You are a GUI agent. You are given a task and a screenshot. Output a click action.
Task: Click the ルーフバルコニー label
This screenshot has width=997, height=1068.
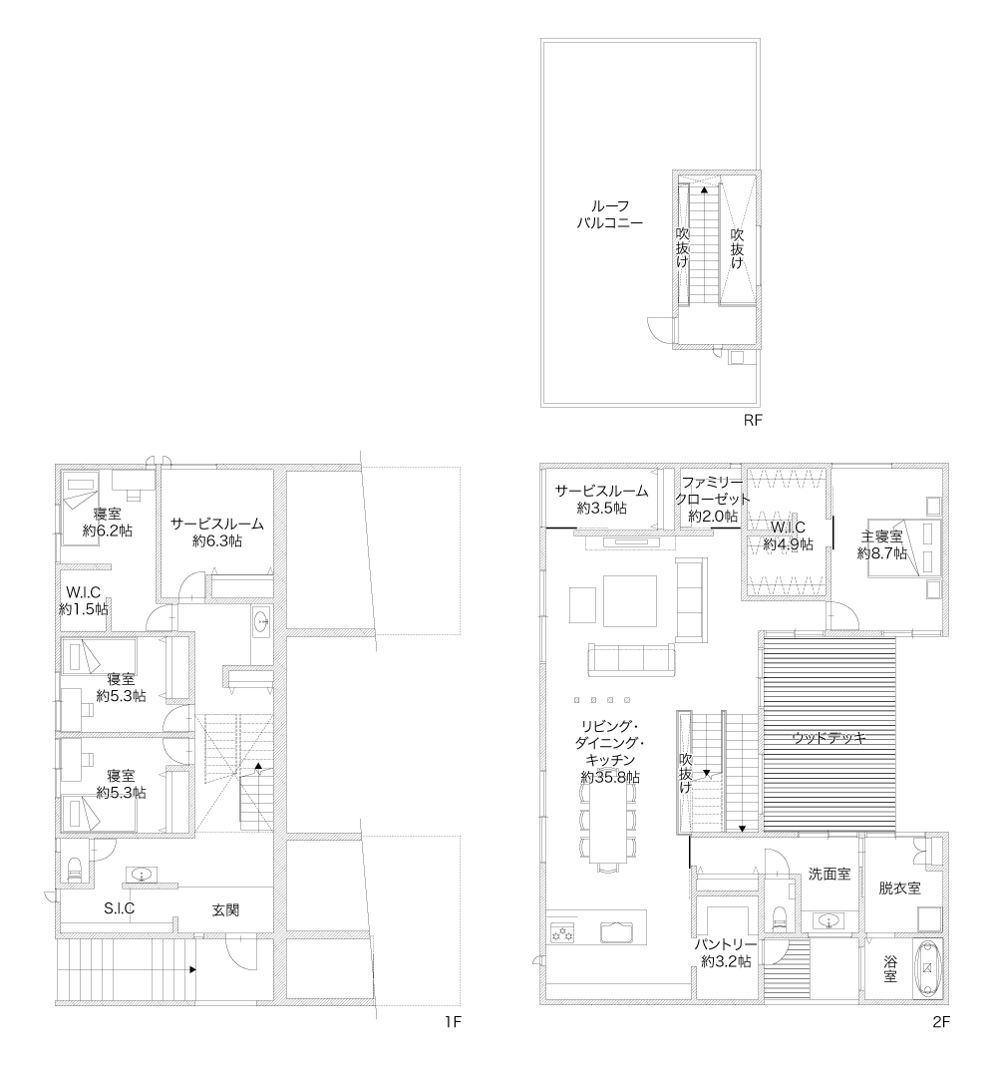click(x=609, y=213)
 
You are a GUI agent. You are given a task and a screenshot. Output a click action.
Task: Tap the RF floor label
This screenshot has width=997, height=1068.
click(x=753, y=420)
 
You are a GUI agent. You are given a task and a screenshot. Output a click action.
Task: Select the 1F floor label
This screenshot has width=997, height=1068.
click(x=453, y=1022)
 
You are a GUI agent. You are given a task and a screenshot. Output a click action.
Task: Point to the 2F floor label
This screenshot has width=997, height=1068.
click(x=940, y=1022)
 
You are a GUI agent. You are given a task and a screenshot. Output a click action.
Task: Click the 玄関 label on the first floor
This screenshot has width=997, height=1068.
click(x=225, y=910)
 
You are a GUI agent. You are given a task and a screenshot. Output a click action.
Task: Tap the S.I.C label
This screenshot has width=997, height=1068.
click(x=120, y=907)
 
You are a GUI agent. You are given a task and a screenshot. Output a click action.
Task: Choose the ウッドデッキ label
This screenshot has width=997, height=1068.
click(x=829, y=737)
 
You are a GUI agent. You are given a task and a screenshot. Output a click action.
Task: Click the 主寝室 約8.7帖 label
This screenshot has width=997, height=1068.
click(x=882, y=544)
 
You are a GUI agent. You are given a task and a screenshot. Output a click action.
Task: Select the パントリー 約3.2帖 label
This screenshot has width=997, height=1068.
click(x=726, y=953)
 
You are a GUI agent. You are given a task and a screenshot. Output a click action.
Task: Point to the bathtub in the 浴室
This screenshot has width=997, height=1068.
click(x=927, y=969)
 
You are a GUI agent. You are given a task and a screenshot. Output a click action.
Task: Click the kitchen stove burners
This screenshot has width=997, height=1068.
click(x=563, y=932)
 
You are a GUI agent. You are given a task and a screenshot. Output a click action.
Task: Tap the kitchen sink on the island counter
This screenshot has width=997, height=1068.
click(x=616, y=931)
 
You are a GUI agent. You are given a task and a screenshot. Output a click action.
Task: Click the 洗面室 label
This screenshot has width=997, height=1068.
click(x=830, y=874)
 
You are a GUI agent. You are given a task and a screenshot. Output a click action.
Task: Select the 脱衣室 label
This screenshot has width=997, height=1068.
click(x=899, y=889)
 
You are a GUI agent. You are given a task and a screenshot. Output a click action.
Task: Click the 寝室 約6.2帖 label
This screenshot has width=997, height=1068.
click(x=108, y=523)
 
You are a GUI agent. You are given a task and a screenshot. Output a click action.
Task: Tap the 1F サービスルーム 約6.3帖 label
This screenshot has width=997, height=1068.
click(x=216, y=532)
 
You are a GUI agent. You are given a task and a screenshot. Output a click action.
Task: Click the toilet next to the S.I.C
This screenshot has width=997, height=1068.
click(x=75, y=870)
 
